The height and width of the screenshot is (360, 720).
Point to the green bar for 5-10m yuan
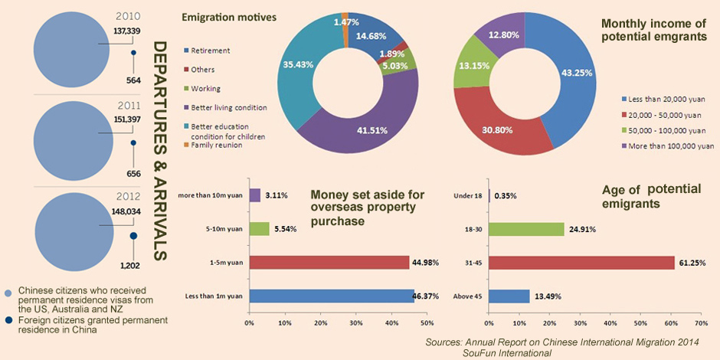tap(259, 229)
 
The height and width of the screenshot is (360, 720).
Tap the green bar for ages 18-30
tap(525, 229)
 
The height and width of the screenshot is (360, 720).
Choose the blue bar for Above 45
tap(509, 296)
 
